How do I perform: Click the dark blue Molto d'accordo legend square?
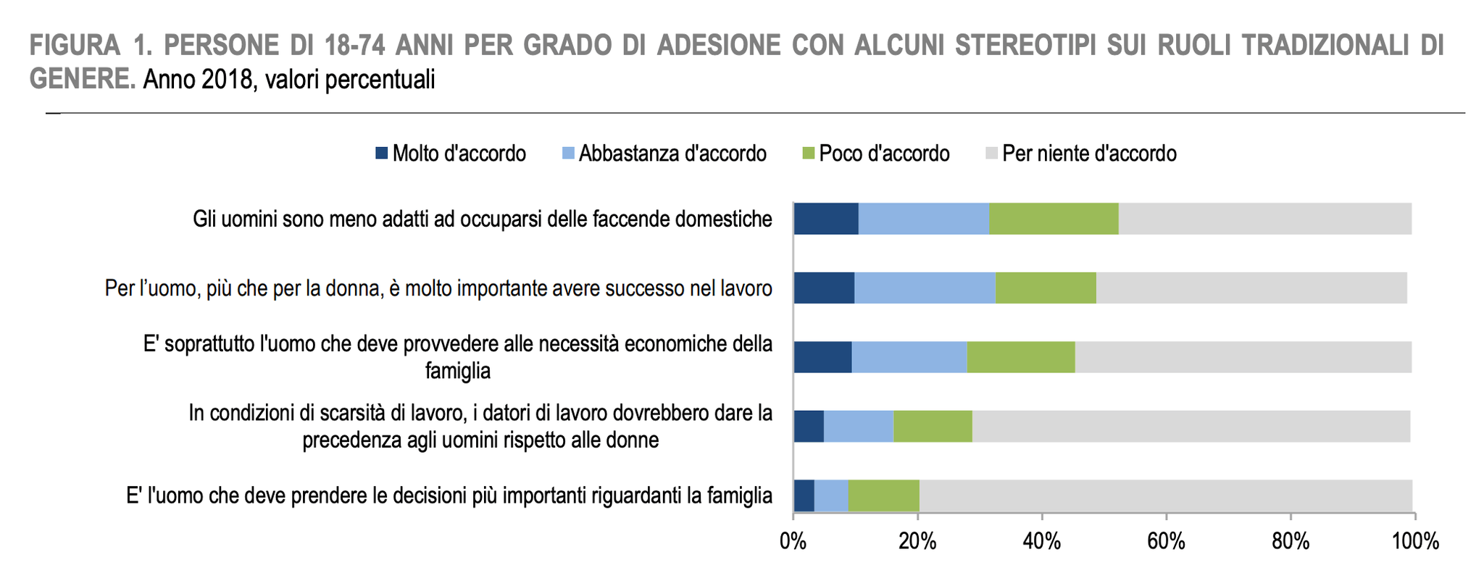pos(382,154)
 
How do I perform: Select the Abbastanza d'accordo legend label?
pos(672,154)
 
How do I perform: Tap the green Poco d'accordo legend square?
pos(809,154)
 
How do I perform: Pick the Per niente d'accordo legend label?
pos(1089,154)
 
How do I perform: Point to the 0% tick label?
pos(793,541)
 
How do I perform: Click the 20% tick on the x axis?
pos(917,541)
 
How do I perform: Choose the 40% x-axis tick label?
pos(1042,541)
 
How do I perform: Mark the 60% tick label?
pos(1167,541)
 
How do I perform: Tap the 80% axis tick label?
pos(1291,541)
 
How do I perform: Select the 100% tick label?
pos(1415,541)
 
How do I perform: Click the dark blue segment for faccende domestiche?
pos(826,219)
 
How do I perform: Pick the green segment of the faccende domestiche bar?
pos(1054,219)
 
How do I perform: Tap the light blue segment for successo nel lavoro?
pos(925,288)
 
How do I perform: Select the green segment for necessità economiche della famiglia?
pos(1020,357)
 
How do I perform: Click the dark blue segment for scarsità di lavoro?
pos(809,426)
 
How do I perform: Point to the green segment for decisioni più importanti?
pos(883,495)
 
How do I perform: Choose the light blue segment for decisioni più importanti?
pos(831,495)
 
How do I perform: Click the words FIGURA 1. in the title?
pos(90,46)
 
